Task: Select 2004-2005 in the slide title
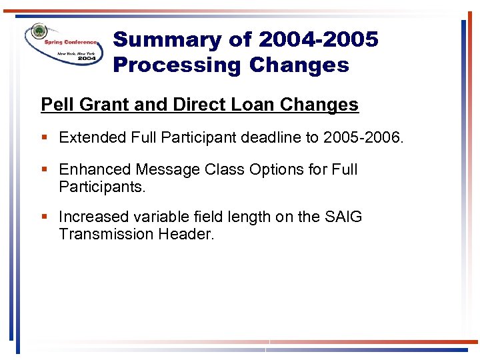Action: pos(318,40)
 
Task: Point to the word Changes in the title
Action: pos(299,65)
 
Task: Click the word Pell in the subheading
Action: pos(55,105)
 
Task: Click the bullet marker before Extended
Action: pos(44,138)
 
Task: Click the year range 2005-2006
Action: pos(362,137)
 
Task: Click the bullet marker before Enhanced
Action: pos(44,170)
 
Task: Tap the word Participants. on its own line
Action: pos(102,187)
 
